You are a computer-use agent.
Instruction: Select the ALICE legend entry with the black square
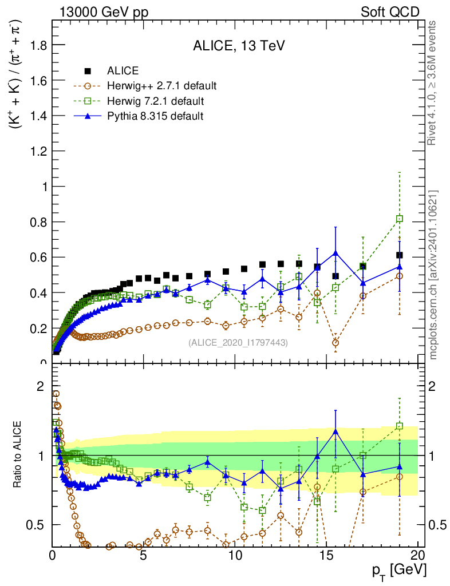point(123,71)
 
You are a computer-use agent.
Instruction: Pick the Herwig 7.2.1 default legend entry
point(155,101)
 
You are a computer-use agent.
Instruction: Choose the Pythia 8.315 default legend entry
point(155,116)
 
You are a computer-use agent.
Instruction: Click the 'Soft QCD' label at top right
point(390,11)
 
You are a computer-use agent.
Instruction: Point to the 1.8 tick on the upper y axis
point(36,45)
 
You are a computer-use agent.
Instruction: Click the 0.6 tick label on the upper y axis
point(36,258)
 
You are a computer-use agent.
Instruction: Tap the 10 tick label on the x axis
point(235,555)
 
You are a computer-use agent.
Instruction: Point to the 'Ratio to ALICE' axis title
point(19,456)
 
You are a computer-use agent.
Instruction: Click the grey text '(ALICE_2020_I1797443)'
point(238,342)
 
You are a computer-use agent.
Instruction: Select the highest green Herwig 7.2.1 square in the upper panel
point(400,219)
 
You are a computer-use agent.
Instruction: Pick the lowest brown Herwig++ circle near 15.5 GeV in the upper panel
point(335,343)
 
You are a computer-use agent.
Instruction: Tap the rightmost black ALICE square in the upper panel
point(400,255)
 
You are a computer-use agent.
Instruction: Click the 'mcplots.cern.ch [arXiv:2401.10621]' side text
point(433,275)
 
